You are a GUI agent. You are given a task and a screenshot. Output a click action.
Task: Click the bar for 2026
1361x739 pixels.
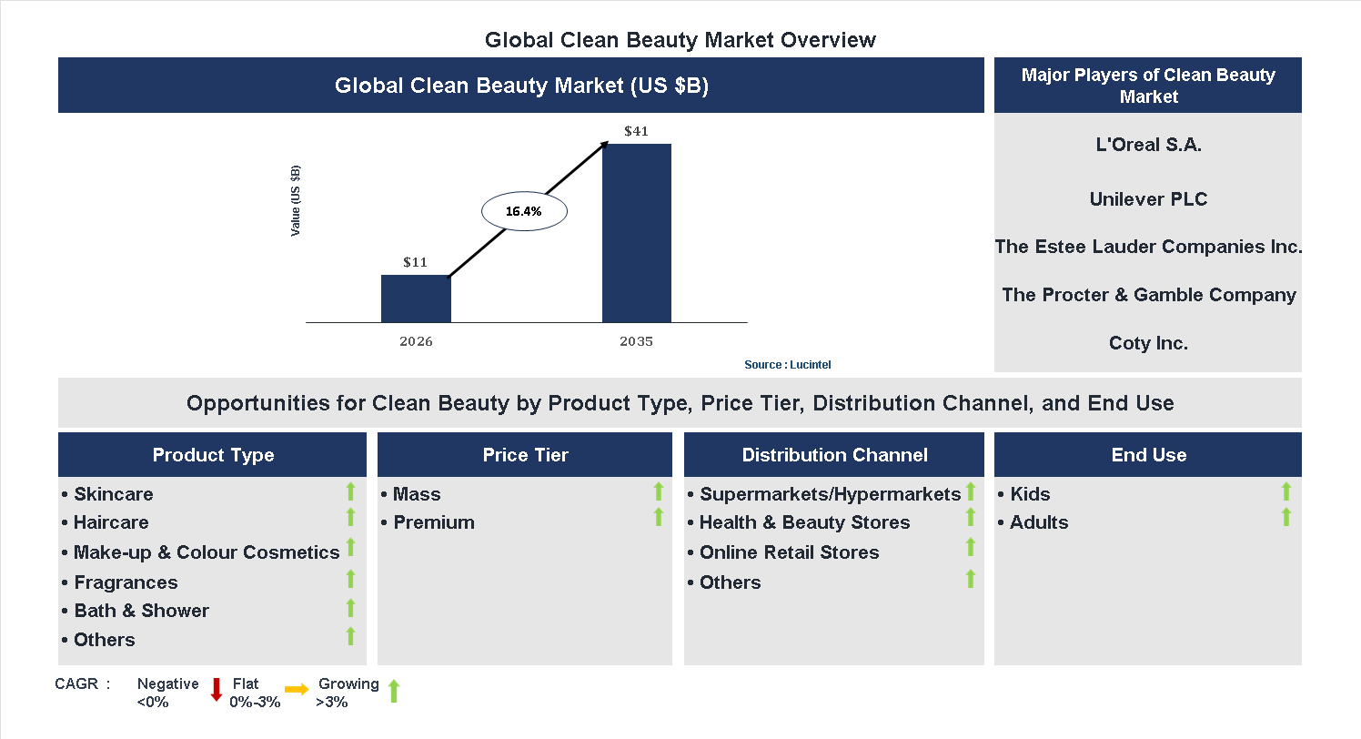tap(416, 299)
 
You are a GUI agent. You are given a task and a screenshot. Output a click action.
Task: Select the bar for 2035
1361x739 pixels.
tap(637, 233)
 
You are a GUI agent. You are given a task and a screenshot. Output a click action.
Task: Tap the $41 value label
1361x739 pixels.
tap(637, 131)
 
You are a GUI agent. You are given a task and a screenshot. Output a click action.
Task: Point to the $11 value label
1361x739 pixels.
tap(416, 262)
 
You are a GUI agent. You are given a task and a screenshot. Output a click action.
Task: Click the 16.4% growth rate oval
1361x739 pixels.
tap(523, 211)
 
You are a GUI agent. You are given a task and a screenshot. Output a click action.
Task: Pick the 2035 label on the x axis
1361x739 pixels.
tap(637, 342)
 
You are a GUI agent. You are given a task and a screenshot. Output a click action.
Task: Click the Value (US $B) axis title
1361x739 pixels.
tap(296, 200)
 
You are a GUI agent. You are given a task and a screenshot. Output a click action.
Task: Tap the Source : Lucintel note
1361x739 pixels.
tap(788, 364)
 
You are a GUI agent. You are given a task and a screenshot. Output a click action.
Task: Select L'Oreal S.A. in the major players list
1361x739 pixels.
tap(1148, 145)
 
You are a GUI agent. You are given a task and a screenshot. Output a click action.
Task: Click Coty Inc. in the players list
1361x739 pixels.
tap(1148, 343)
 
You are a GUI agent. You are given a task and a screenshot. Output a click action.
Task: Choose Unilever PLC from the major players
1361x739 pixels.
tap(1148, 199)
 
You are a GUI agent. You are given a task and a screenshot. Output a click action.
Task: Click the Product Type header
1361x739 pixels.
tap(213, 455)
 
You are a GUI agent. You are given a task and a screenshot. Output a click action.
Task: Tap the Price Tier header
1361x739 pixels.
tap(525, 455)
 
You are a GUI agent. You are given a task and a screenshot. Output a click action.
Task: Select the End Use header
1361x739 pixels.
tap(1148, 455)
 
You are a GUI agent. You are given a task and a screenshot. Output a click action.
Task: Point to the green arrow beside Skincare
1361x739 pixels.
tap(350, 492)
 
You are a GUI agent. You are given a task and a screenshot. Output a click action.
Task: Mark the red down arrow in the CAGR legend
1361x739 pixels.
tap(217, 690)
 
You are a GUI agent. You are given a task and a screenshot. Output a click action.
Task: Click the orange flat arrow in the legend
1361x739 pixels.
tap(297, 690)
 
